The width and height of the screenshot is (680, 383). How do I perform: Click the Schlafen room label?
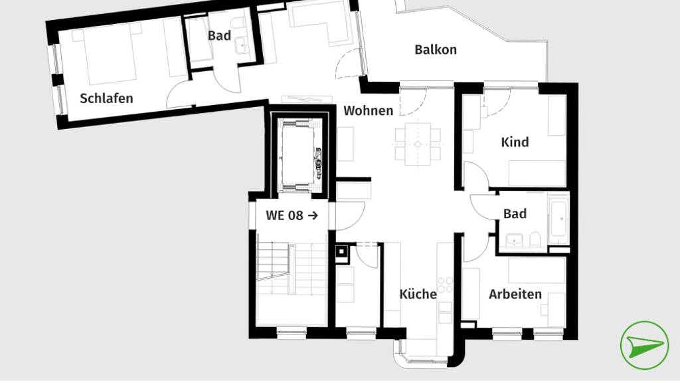coord(106,98)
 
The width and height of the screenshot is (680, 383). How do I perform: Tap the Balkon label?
coord(436,49)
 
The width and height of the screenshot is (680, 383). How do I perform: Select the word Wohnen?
coord(368,111)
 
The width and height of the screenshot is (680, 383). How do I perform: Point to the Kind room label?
coord(515,142)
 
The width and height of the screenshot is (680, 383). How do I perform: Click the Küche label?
coord(418,294)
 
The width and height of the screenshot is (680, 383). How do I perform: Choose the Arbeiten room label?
coord(515,295)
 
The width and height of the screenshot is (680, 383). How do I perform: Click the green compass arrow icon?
coord(644,345)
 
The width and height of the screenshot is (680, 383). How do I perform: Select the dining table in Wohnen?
coord(418,144)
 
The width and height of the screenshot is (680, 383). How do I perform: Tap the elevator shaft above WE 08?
coord(299,155)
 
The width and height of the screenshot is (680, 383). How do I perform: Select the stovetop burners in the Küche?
coord(445,285)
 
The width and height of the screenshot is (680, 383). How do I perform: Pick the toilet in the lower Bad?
coord(535,239)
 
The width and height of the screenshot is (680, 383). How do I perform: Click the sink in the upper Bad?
coord(242,45)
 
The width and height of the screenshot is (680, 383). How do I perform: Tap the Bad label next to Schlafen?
coord(219,36)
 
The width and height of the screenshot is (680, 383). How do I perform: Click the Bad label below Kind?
coord(515,213)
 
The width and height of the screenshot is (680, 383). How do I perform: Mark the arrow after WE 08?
coord(313,215)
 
